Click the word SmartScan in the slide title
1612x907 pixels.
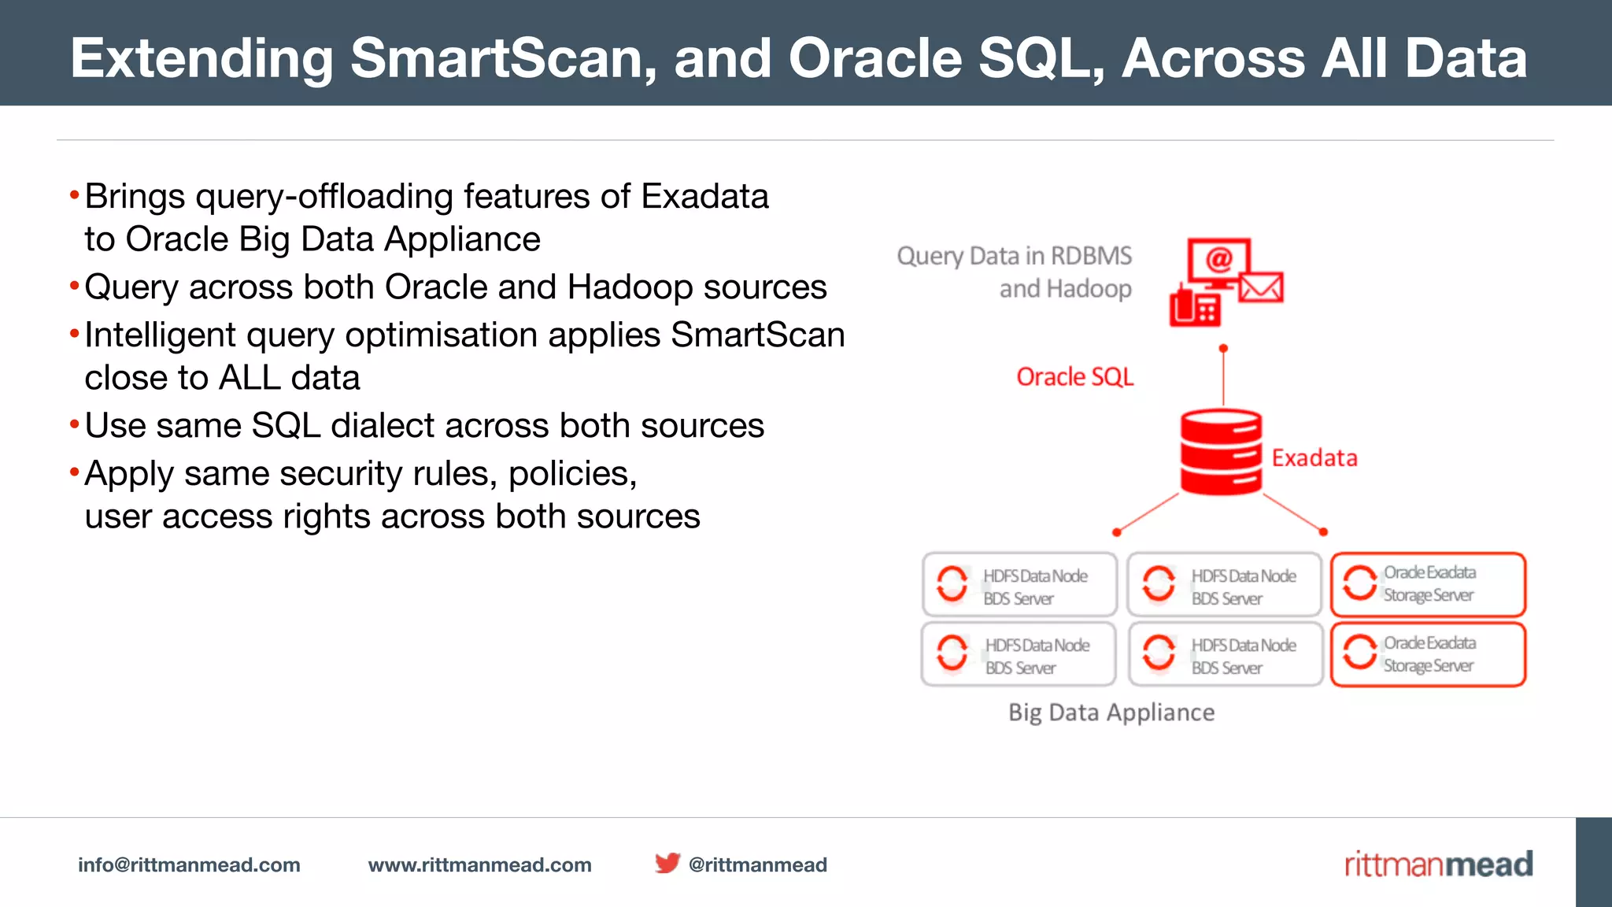(x=503, y=58)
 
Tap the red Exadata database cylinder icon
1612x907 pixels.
(x=1221, y=452)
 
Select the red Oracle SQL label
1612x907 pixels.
(x=1074, y=377)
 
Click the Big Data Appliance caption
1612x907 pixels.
(x=1111, y=713)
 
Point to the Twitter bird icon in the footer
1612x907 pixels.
(x=667, y=863)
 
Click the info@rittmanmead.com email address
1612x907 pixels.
(x=189, y=864)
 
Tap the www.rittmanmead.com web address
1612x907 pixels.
(x=479, y=864)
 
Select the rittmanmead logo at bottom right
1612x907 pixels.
(x=1438, y=864)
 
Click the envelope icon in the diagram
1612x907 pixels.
(x=1261, y=287)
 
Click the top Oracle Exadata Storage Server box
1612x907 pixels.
(x=1428, y=584)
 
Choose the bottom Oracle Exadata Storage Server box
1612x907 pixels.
(x=1428, y=654)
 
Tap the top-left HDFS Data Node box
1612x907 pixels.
(x=1019, y=585)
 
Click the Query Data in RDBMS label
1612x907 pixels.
(x=1014, y=257)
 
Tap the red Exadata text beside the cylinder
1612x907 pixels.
(x=1314, y=458)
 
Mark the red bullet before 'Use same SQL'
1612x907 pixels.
(x=75, y=425)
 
